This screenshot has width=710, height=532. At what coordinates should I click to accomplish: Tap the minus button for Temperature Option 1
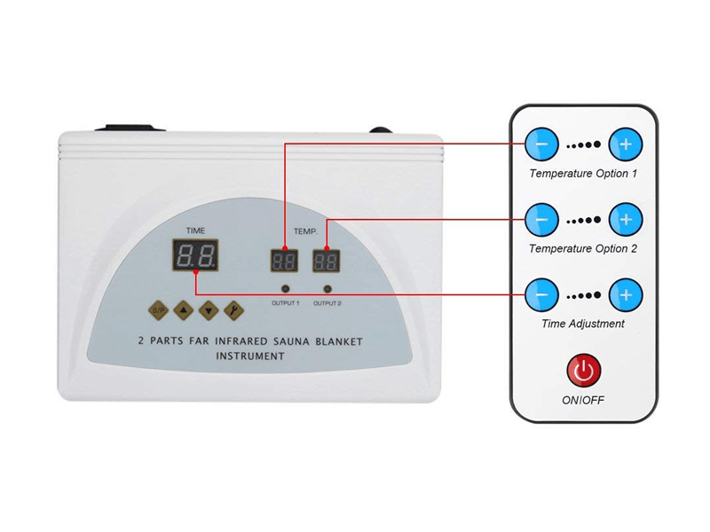pos(541,144)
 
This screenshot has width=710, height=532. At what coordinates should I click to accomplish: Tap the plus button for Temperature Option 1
pos(626,144)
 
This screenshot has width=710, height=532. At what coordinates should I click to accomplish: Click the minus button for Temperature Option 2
pos(541,218)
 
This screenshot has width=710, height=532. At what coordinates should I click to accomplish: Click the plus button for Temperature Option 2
pos(626,218)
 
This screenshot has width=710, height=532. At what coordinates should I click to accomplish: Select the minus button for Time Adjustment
pos(541,293)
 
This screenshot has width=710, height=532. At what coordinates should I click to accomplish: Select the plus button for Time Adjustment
pos(626,293)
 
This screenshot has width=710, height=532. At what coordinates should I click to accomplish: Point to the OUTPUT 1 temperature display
pos(285,261)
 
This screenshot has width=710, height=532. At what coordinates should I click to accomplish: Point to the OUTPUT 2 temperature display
pos(327,261)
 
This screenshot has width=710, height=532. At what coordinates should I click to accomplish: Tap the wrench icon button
pos(234,310)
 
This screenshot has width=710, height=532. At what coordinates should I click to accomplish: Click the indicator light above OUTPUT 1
pos(286,289)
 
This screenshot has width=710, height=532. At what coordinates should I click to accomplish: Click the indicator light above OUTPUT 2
pos(327,289)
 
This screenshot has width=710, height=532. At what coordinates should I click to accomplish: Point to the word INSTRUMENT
pos(250,356)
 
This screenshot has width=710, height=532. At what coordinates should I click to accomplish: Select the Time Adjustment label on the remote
pos(583,324)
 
